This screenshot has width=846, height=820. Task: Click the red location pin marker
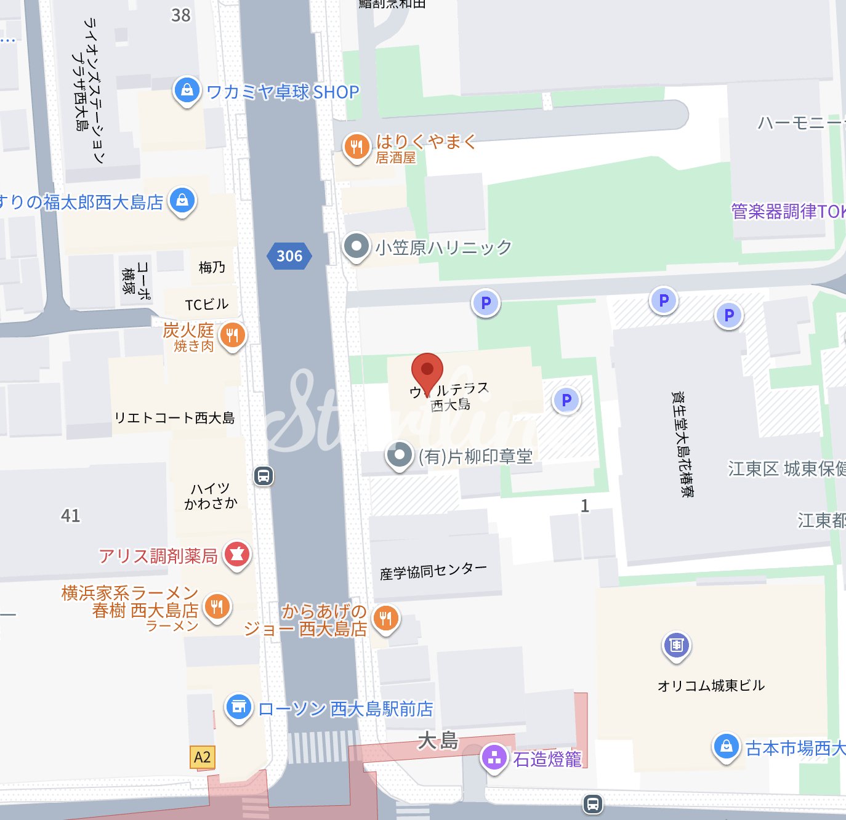(x=427, y=371)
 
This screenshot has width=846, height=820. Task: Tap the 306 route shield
(x=289, y=256)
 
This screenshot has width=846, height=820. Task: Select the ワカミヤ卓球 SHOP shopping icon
(x=187, y=90)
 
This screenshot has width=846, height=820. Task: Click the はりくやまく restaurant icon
(x=356, y=147)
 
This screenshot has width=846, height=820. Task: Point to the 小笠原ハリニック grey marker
(x=356, y=246)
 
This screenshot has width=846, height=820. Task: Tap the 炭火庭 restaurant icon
(x=232, y=336)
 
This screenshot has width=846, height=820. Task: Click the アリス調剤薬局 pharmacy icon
(x=237, y=555)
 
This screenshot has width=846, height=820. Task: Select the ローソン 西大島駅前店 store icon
(x=238, y=708)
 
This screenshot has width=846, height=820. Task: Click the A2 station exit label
(x=202, y=757)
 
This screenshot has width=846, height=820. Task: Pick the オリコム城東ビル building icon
(x=676, y=645)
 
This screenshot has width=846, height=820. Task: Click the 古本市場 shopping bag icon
(x=726, y=747)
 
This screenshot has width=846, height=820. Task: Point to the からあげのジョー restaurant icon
(x=385, y=618)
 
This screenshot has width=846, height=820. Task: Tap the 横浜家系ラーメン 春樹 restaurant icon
(x=217, y=607)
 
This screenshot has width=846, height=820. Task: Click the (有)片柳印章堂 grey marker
(x=400, y=456)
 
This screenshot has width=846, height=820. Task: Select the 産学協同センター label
(x=433, y=571)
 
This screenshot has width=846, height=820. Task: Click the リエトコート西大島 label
(x=175, y=418)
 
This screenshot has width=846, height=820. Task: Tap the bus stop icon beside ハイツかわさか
(x=264, y=475)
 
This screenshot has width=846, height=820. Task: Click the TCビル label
(x=206, y=304)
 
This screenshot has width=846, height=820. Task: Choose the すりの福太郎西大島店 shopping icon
(x=182, y=201)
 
